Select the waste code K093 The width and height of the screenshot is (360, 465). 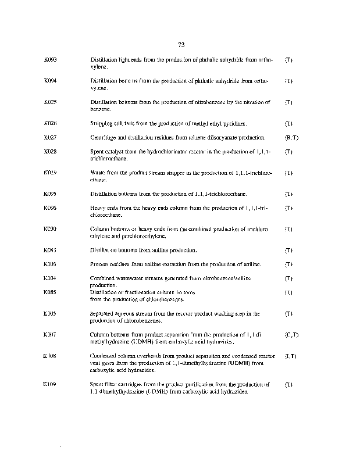coord(50,60)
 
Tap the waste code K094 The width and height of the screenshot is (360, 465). coord(50,81)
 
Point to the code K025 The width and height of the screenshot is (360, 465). coord(50,102)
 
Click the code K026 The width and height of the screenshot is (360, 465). coord(50,124)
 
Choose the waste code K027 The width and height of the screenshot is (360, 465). coord(50,138)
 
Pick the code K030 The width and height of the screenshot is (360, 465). coord(50,229)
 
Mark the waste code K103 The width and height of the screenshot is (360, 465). coord(50,264)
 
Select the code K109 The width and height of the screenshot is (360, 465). coord(50,384)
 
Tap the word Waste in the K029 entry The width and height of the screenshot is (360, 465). coord(97,173)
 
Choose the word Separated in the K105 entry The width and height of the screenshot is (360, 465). coord(102,314)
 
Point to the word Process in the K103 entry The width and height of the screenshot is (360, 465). coord(99,264)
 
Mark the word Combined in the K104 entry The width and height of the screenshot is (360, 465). coord(102,279)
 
